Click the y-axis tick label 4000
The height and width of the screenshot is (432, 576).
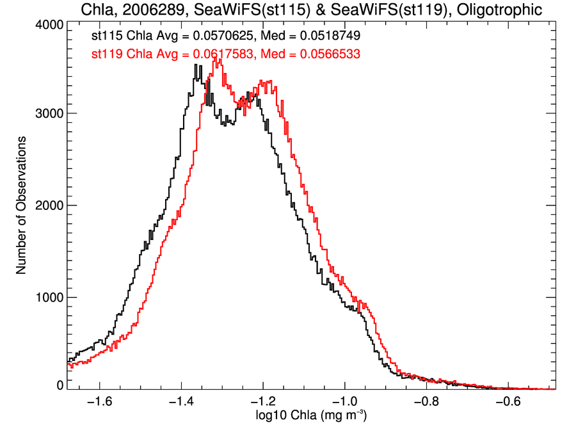pos(49,24)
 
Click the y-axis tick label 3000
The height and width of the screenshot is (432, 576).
pos(49,113)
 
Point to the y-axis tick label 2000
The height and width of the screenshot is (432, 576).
pos(49,205)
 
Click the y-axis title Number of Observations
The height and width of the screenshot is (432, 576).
pos(21,205)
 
